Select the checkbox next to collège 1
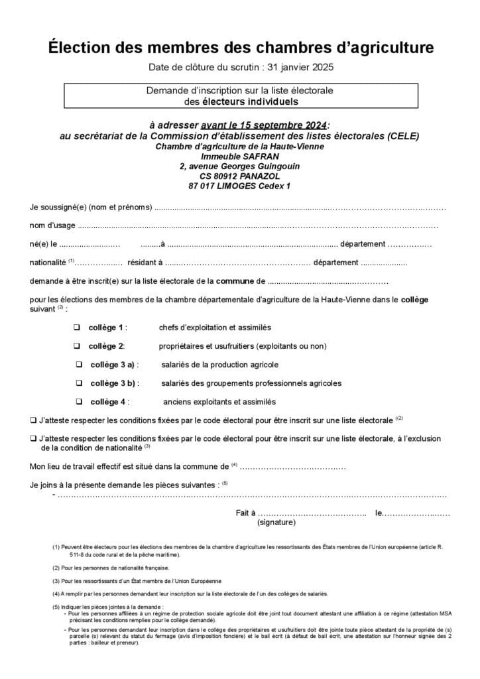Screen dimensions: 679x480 point(76,328)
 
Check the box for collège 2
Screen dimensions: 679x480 point(76,346)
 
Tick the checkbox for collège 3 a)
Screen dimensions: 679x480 point(79,365)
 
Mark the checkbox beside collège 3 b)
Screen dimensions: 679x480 point(79,383)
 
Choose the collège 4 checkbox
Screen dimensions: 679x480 point(79,402)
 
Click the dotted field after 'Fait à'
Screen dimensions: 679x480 point(312,513)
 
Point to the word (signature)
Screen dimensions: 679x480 point(276,523)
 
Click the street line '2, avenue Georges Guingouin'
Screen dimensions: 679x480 point(239,166)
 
